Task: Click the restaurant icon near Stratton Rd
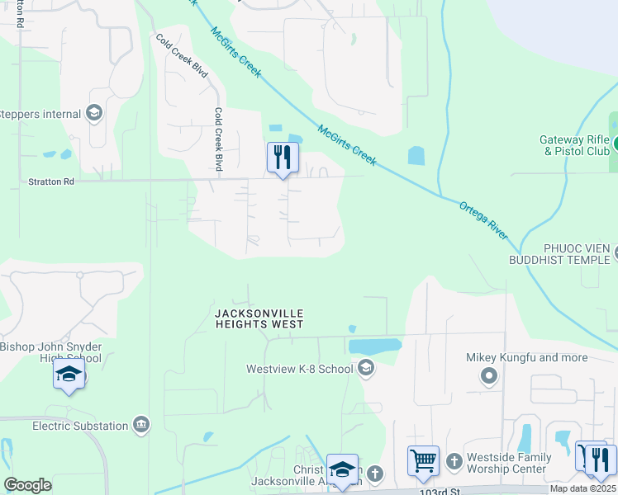pyautogui.click(x=283, y=157)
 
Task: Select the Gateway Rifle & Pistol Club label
pyautogui.click(x=575, y=145)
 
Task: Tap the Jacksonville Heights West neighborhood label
pyautogui.click(x=259, y=319)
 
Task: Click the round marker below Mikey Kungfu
pyautogui.click(x=489, y=377)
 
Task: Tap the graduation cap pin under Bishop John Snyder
pyautogui.click(x=69, y=376)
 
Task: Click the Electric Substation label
pyautogui.click(x=80, y=426)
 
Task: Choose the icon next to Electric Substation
pyautogui.click(x=141, y=426)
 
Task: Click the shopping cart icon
pyautogui.click(x=423, y=460)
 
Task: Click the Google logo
pyautogui.click(x=27, y=485)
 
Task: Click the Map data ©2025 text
pyautogui.click(x=582, y=488)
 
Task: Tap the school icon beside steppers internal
pyautogui.click(x=94, y=114)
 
